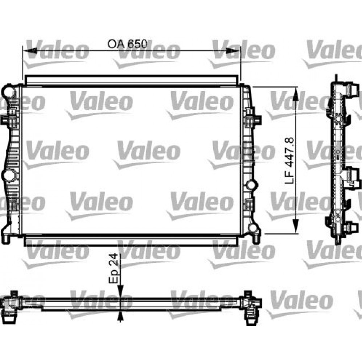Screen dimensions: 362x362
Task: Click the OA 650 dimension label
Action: click(127, 44)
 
